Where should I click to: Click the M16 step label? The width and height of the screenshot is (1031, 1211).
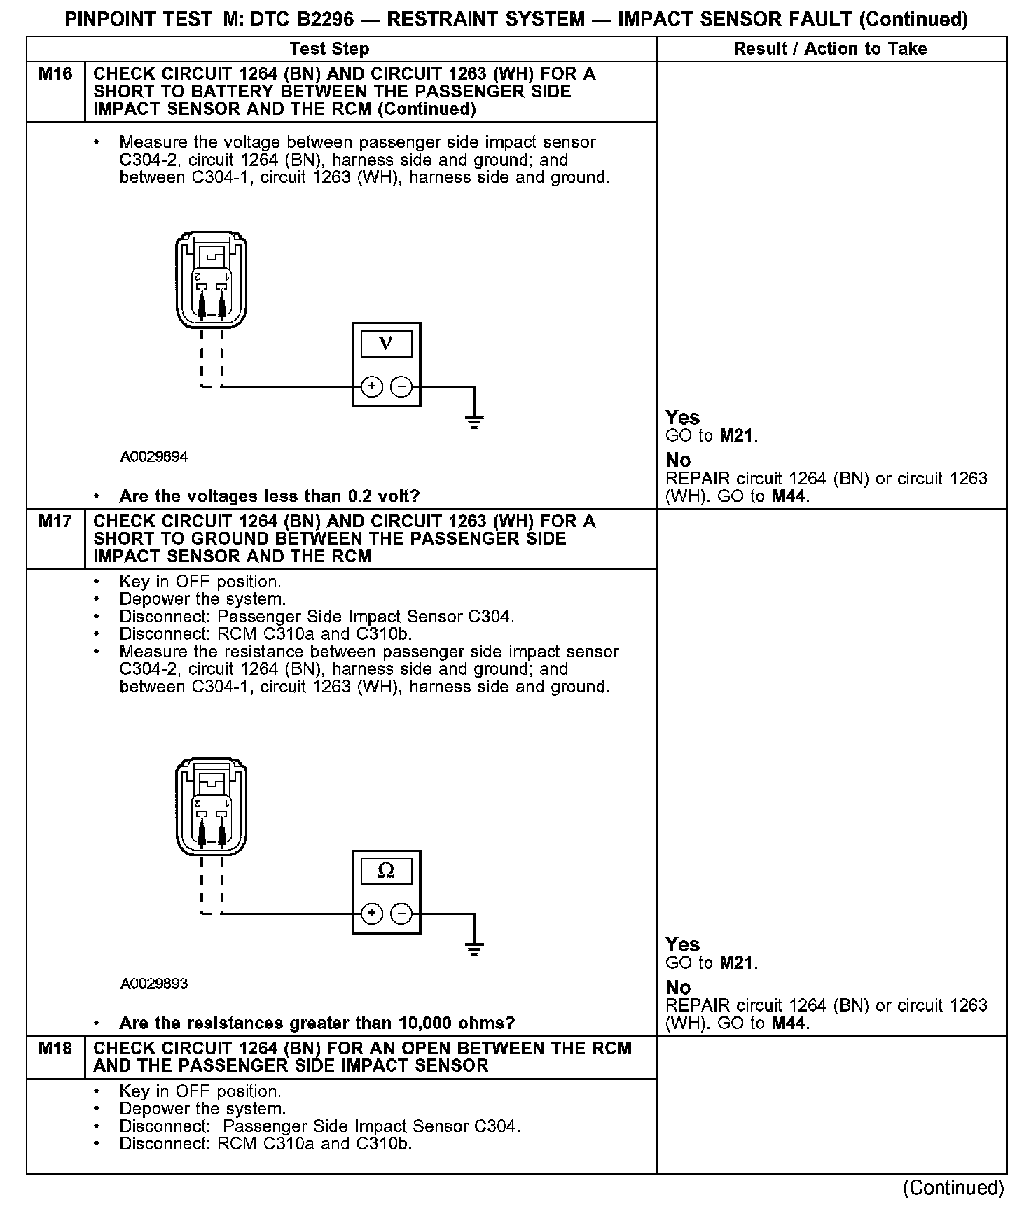55,74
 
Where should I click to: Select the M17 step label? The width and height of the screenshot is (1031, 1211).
55,521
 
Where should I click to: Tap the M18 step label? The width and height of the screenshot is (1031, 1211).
55,1049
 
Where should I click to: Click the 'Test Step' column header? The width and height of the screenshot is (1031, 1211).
329,49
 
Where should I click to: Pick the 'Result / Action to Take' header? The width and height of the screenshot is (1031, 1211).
830,49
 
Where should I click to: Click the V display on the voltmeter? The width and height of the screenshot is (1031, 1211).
386,344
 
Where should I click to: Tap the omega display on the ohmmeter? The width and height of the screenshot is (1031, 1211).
386,871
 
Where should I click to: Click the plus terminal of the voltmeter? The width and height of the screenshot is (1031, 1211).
372,386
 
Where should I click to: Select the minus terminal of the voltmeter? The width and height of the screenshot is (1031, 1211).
401,386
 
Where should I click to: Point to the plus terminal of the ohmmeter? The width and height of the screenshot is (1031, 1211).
372,913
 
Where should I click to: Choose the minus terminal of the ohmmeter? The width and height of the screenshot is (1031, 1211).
401,913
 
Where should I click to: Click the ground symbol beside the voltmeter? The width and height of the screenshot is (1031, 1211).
474,421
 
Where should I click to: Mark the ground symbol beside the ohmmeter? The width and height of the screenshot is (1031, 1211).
474,948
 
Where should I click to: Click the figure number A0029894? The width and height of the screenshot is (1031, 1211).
153,457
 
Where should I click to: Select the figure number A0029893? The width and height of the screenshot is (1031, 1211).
153,984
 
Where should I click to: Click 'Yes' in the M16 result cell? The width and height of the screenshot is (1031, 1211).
682,418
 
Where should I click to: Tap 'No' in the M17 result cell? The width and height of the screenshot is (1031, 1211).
678,988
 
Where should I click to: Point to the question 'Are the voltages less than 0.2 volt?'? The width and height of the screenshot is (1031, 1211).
269,496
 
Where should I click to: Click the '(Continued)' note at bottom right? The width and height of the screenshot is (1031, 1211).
953,1187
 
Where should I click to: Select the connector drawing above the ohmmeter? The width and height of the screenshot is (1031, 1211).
211,807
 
